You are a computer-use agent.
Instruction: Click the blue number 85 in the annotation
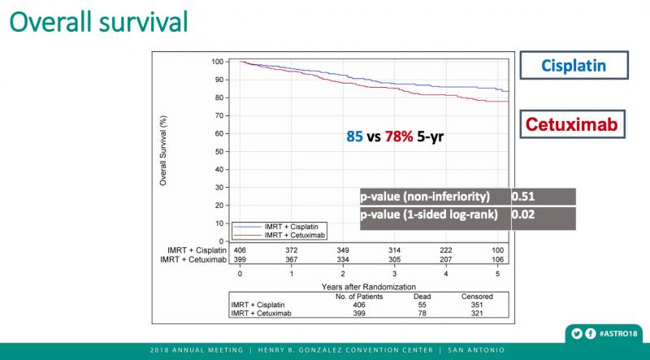click(355, 137)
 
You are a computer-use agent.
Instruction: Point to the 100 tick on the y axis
click(218, 62)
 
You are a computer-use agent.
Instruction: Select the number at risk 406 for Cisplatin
click(240, 249)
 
